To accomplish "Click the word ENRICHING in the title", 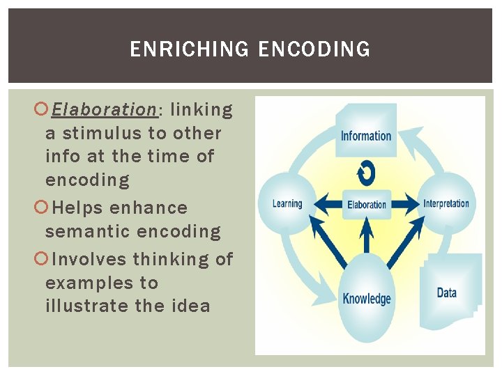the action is tap(189, 49).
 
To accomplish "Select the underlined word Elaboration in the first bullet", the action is tap(105, 110).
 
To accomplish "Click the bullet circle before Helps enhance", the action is tap(41, 207).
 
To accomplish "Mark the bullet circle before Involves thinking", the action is tap(41, 259).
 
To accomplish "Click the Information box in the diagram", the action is tap(366, 133).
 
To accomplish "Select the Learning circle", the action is tap(287, 203).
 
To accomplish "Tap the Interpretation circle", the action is tap(446, 203).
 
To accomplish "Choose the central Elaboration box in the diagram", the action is tap(367, 205).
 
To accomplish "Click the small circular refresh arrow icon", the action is tap(366, 171).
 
